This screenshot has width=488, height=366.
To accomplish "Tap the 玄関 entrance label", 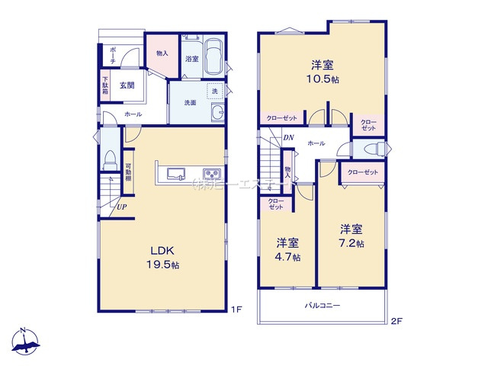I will coord(127,85).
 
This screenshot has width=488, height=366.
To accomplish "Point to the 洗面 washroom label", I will coord(190,103).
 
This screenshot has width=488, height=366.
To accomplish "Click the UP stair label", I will coord(121,206).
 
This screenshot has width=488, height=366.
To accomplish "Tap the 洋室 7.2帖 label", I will coord(352,235).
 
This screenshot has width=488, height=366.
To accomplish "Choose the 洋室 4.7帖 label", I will coord(287,249).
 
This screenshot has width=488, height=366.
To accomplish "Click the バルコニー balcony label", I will coord(323,305).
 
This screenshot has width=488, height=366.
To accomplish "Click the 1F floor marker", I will coord(236,310).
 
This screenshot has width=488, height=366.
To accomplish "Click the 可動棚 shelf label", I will coord(129,175).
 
